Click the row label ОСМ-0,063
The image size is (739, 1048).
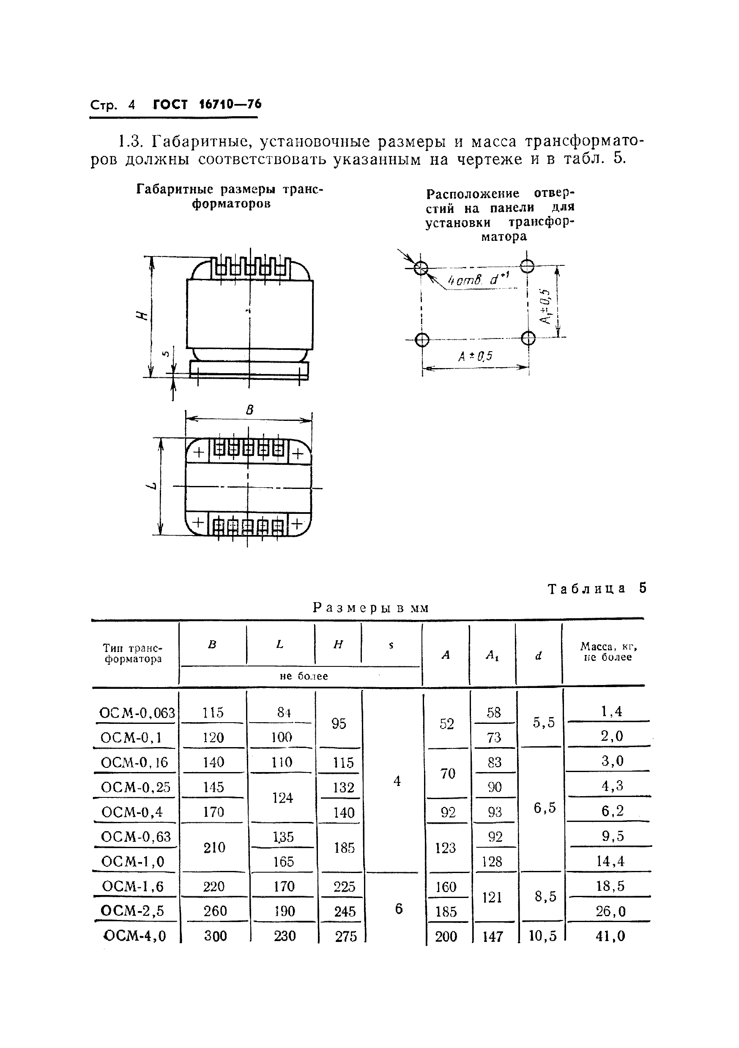(137, 712)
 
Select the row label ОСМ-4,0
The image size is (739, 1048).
(135, 936)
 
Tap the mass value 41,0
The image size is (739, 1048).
(610, 936)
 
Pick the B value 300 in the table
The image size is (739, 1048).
(215, 936)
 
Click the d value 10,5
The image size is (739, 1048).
(542, 936)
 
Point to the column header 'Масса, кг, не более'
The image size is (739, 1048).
(608, 651)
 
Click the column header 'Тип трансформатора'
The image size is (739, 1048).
(133, 653)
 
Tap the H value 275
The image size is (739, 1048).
(345, 936)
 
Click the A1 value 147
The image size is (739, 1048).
(493, 936)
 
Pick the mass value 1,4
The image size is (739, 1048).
(612, 711)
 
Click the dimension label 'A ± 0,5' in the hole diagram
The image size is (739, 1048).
(475, 356)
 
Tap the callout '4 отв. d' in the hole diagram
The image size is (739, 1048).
(478, 279)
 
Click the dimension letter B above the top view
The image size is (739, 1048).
(249, 410)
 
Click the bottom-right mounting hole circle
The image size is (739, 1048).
(528, 338)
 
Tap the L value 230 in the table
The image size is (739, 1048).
(285, 936)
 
